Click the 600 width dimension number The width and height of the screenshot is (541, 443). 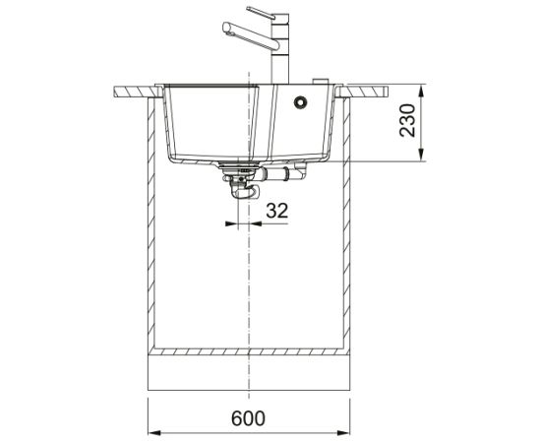(248, 418)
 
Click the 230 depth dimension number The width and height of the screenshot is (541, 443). (407, 120)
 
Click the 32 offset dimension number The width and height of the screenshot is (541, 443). (276, 211)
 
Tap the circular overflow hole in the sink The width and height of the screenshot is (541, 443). (300, 101)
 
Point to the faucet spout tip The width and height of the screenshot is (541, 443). (226, 28)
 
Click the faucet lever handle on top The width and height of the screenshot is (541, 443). (261, 13)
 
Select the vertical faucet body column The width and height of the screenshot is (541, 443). (280, 48)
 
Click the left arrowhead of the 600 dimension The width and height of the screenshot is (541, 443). (154, 432)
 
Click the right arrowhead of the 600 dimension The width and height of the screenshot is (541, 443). (343, 432)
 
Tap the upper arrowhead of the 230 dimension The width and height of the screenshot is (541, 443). (421, 92)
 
